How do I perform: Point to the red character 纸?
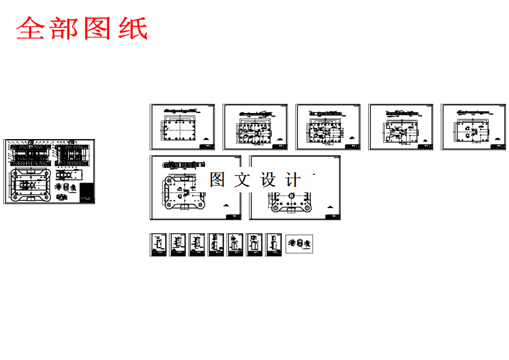point(132,29)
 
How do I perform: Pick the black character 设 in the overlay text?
point(268,181)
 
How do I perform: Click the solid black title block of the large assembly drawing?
point(88,192)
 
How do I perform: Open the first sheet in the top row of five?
point(182,127)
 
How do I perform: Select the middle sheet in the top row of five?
point(327,127)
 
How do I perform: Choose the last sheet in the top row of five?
point(473,127)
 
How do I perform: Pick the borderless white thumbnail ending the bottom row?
point(299,243)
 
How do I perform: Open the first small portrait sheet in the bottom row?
point(158,245)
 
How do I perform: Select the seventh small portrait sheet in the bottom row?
point(274,245)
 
